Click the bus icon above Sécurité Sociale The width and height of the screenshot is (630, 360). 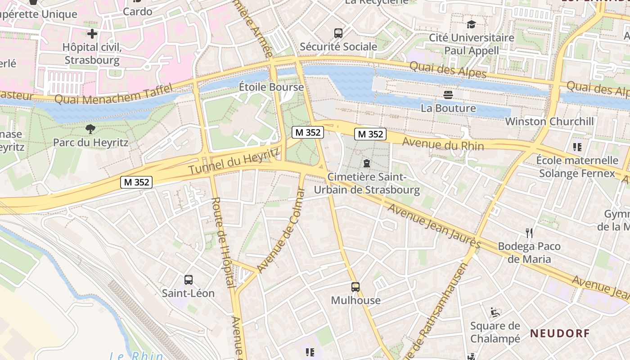[338, 33]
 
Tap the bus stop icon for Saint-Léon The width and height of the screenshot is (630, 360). [189, 279]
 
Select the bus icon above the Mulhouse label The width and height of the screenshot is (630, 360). [355, 287]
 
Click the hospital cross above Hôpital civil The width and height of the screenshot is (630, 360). [92, 34]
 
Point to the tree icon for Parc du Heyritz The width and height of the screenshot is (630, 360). [90, 130]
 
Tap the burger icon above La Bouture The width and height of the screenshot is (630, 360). [448, 94]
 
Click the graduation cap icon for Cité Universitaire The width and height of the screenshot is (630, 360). [471, 24]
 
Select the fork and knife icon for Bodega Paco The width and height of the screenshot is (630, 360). [529, 233]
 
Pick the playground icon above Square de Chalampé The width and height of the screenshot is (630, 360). [495, 312]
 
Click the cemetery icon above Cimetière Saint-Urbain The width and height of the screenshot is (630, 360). [366, 163]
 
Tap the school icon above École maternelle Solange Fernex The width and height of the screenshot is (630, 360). [577, 147]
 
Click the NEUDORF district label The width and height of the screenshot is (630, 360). [559, 333]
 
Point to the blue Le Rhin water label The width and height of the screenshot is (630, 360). [136, 355]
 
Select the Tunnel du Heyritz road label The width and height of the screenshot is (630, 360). [234, 162]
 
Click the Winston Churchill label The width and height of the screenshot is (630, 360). [549, 121]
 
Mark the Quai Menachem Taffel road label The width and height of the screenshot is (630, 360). [113, 93]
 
